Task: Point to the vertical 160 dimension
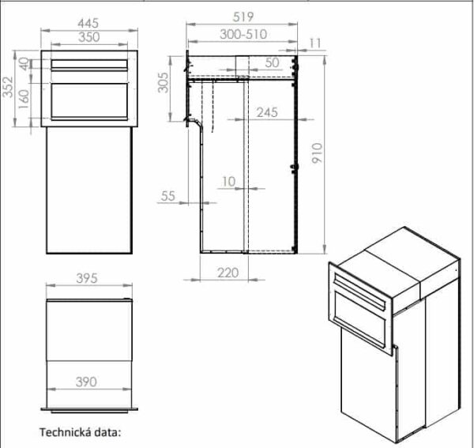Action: coord(24,100)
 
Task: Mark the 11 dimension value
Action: coord(316,43)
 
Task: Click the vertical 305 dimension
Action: coord(163,81)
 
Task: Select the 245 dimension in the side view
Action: coord(266,113)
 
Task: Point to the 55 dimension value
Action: coord(167,197)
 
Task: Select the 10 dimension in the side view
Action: coord(229,182)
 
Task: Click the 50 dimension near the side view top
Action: coord(273,62)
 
